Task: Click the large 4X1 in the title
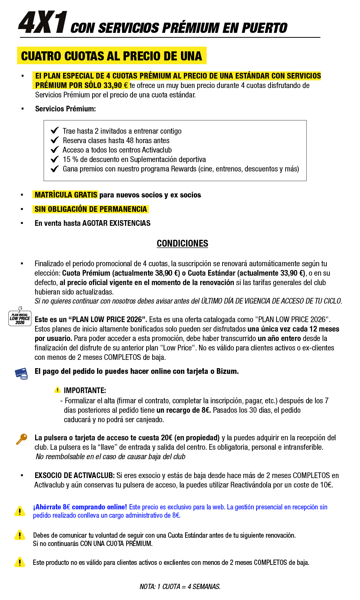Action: coord(43,23)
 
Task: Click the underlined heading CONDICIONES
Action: coord(182,244)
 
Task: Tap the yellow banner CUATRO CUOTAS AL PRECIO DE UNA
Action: coord(111,56)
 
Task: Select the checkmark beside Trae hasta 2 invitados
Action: coord(55,131)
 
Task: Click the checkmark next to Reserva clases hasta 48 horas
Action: coord(55,140)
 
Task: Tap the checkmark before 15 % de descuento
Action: coord(55,159)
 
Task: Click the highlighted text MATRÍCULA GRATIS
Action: coord(66,195)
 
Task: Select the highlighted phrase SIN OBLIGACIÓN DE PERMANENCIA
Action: coord(91,209)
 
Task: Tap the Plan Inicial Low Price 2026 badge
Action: coord(20,317)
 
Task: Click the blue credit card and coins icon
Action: coord(21,373)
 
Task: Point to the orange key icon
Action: coord(22,439)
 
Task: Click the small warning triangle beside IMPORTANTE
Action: coord(57,390)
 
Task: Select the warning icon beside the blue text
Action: coord(20,511)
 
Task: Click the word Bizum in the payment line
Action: coord(227,371)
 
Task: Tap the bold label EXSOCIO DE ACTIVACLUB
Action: coord(74,475)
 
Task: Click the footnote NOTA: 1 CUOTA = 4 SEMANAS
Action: coord(180,586)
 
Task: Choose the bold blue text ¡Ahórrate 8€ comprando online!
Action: coord(80,507)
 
